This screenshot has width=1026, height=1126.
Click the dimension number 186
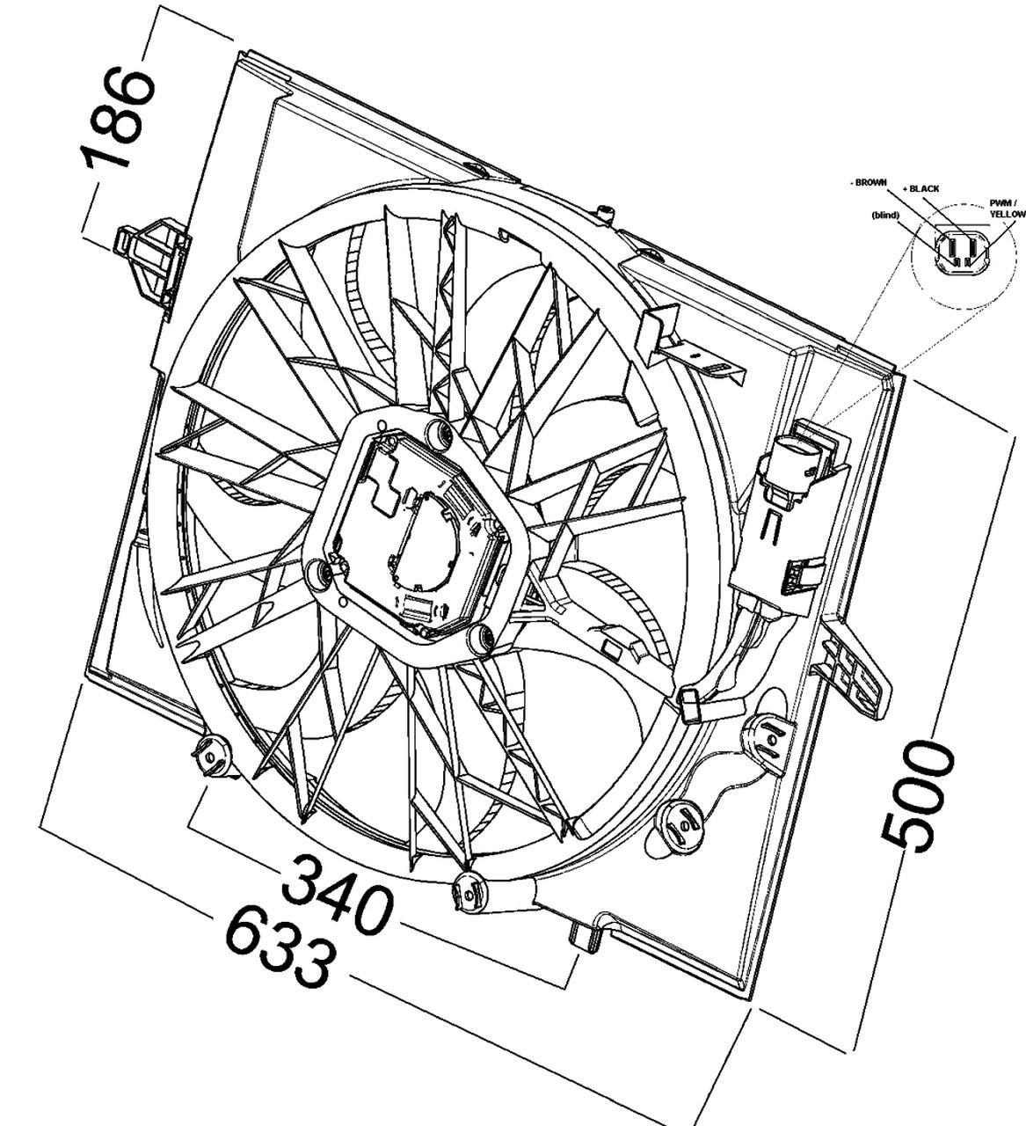pyautogui.click(x=117, y=119)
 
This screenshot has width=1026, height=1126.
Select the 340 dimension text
pyautogui.click(x=338, y=894)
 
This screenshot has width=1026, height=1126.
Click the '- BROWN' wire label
pyautogui.click(x=868, y=182)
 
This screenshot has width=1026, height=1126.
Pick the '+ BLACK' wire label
pyautogui.click(x=920, y=188)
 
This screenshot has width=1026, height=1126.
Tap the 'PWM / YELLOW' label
pyautogui.click(x=1006, y=208)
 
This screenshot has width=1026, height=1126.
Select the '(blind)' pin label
pyautogui.click(x=884, y=215)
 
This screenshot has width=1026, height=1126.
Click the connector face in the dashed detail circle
pyautogui.click(x=956, y=252)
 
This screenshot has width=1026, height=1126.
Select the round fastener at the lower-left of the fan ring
pyautogui.click(x=211, y=756)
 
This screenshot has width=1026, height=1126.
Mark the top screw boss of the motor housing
pyautogui.click(x=436, y=430)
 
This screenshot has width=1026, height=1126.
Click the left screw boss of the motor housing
pyautogui.click(x=321, y=574)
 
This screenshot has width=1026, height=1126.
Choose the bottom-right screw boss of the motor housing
pyautogui.click(x=482, y=640)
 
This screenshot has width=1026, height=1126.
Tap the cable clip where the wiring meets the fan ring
pyautogui.click(x=691, y=705)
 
